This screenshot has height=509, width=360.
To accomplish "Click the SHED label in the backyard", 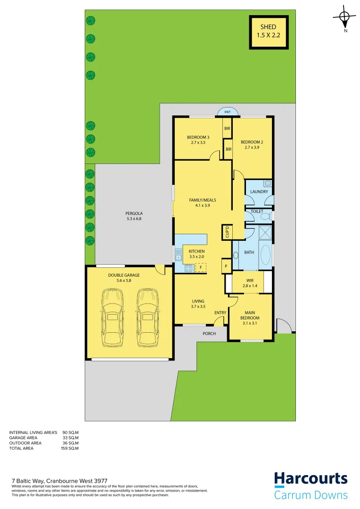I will [269, 27].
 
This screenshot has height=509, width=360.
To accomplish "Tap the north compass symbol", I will [344, 18].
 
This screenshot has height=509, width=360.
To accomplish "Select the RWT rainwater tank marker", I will [228, 112].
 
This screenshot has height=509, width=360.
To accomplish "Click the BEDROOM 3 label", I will [198, 137].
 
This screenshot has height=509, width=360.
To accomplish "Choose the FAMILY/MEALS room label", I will [203, 200].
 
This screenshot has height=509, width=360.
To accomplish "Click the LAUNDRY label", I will [259, 192].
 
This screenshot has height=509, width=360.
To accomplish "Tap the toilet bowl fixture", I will [266, 215].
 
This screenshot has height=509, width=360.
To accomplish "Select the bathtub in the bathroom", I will [265, 255].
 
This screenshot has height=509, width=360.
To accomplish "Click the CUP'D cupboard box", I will [226, 231].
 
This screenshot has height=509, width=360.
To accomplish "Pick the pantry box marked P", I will [226, 266].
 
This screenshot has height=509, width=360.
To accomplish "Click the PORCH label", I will [209, 333].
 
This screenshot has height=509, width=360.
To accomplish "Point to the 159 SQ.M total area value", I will [70, 448].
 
